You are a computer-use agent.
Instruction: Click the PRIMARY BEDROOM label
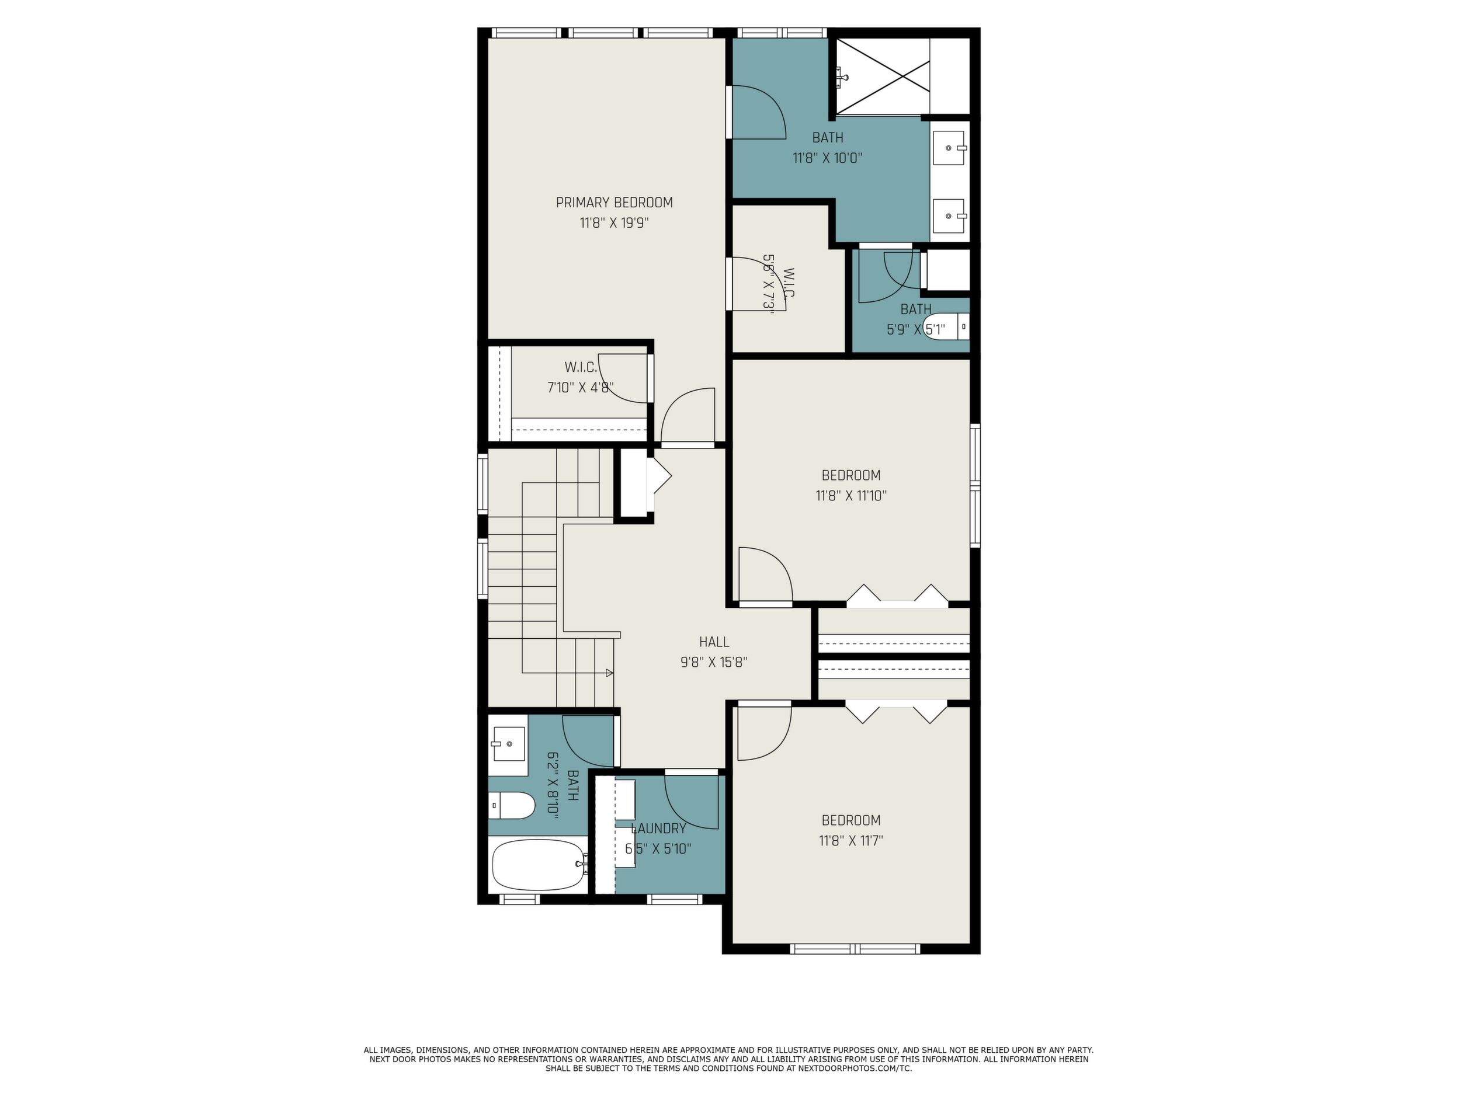[615, 202]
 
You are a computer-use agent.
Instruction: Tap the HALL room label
[714, 642]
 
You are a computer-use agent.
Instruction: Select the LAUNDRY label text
[658, 828]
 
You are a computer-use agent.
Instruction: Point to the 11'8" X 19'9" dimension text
[615, 222]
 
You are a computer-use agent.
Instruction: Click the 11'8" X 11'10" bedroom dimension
[851, 496]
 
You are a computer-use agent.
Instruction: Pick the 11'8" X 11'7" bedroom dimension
[851, 841]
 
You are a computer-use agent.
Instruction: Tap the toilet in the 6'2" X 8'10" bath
[512, 805]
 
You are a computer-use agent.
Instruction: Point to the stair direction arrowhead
[610, 673]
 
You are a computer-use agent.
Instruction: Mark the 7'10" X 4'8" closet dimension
[581, 387]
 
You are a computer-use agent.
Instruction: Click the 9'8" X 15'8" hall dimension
[714, 662]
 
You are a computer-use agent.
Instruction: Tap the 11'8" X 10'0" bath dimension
[827, 158]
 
